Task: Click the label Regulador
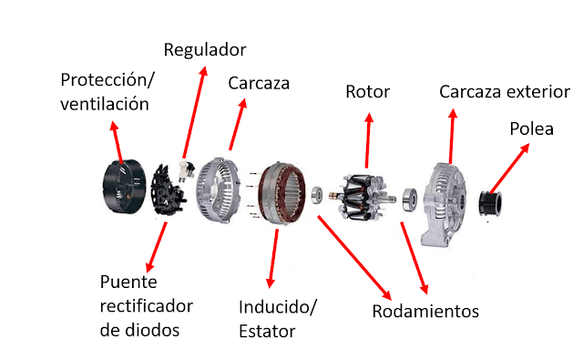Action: click(204, 48)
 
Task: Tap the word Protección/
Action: click(107, 79)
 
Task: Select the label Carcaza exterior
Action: click(504, 92)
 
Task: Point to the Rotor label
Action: click(367, 91)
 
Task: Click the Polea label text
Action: click(531, 129)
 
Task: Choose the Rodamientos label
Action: click(425, 311)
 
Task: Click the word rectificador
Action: click(145, 303)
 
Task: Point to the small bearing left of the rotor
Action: click(318, 194)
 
